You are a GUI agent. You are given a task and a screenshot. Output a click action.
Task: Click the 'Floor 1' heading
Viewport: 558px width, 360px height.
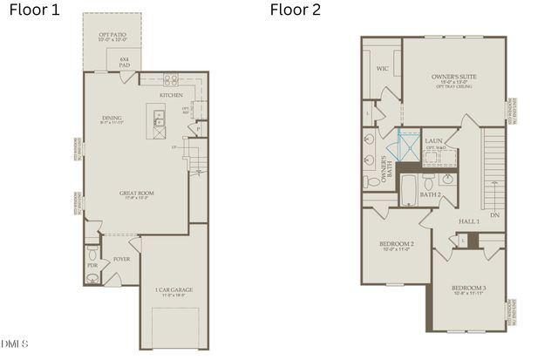pyautogui.click(x=33, y=10)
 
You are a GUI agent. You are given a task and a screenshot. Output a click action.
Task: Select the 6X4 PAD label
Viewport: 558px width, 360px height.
pyautogui.click(x=126, y=62)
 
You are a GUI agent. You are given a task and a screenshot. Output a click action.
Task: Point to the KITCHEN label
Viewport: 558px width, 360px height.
pyautogui.click(x=172, y=95)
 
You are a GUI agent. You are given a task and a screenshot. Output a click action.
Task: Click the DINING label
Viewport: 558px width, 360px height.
pyautogui.click(x=112, y=118)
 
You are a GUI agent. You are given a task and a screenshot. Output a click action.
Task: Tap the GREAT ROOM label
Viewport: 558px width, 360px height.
pyautogui.click(x=137, y=194)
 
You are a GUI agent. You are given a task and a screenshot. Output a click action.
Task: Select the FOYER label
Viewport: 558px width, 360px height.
pyautogui.click(x=122, y=260)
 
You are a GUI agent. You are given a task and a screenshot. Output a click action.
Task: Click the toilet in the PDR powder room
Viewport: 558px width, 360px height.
pyautogui.click(x=92, y=278)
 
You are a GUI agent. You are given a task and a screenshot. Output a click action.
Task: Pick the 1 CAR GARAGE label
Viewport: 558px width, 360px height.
pyautogui.click(x=174, y=289)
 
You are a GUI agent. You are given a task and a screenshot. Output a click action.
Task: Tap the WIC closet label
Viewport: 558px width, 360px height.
pyautogui.click(x=381, y=66)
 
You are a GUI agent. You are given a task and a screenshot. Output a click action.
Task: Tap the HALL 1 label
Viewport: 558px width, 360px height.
pyautogui.click(x=468, y=222)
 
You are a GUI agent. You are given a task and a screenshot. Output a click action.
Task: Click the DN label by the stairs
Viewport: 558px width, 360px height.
pyautogui.click(x=493, y=214)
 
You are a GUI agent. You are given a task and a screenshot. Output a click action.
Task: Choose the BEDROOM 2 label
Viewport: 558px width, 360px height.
pyautogui.click(x=396, y=244)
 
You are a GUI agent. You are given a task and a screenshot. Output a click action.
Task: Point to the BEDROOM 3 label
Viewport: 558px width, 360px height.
pyautogui.click(x=468, y=289)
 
